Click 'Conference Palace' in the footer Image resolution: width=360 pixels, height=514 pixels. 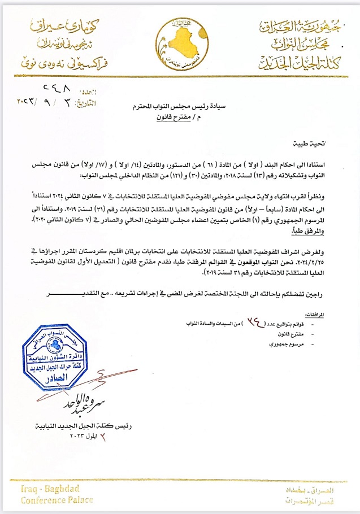tap(57, 500)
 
